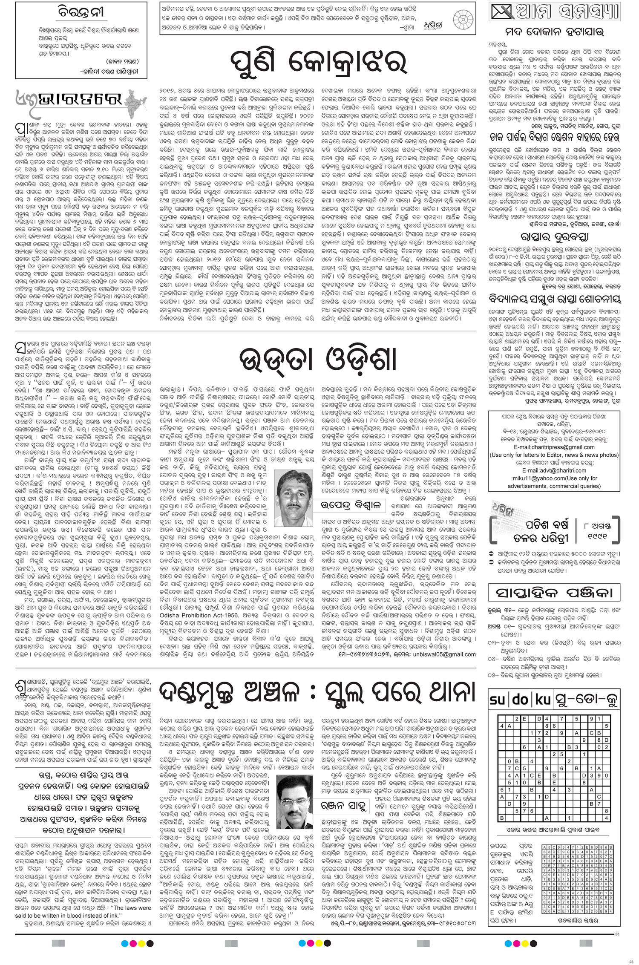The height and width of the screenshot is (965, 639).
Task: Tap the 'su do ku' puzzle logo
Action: pos(517,699)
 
